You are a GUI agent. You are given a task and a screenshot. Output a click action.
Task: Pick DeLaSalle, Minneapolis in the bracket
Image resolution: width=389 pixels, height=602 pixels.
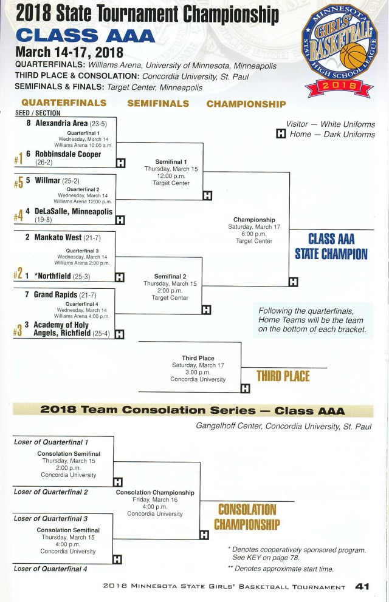coord(74,212)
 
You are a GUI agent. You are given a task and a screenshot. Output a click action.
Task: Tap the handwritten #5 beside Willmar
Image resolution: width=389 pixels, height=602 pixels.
coord(19,183)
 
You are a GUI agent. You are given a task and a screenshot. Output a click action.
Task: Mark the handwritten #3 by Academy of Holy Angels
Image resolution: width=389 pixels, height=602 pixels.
coord(18,330)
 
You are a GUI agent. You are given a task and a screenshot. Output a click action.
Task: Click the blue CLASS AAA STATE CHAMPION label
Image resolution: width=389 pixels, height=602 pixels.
coord(331,246)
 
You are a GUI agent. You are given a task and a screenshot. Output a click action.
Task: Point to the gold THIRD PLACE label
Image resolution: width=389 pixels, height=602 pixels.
coord(283,376)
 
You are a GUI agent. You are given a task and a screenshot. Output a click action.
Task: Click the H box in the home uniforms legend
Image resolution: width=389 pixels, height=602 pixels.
coord(281,135)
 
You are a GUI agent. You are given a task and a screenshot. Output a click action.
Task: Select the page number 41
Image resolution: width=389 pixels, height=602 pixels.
coord(363,587)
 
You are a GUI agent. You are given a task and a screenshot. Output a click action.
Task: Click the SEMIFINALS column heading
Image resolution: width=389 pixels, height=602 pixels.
coord(158,104)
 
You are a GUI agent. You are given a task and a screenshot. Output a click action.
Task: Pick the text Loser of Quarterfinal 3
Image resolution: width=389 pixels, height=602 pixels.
coord(51,519)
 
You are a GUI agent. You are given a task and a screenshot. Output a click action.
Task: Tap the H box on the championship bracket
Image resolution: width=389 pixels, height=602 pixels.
coord(294,282)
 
